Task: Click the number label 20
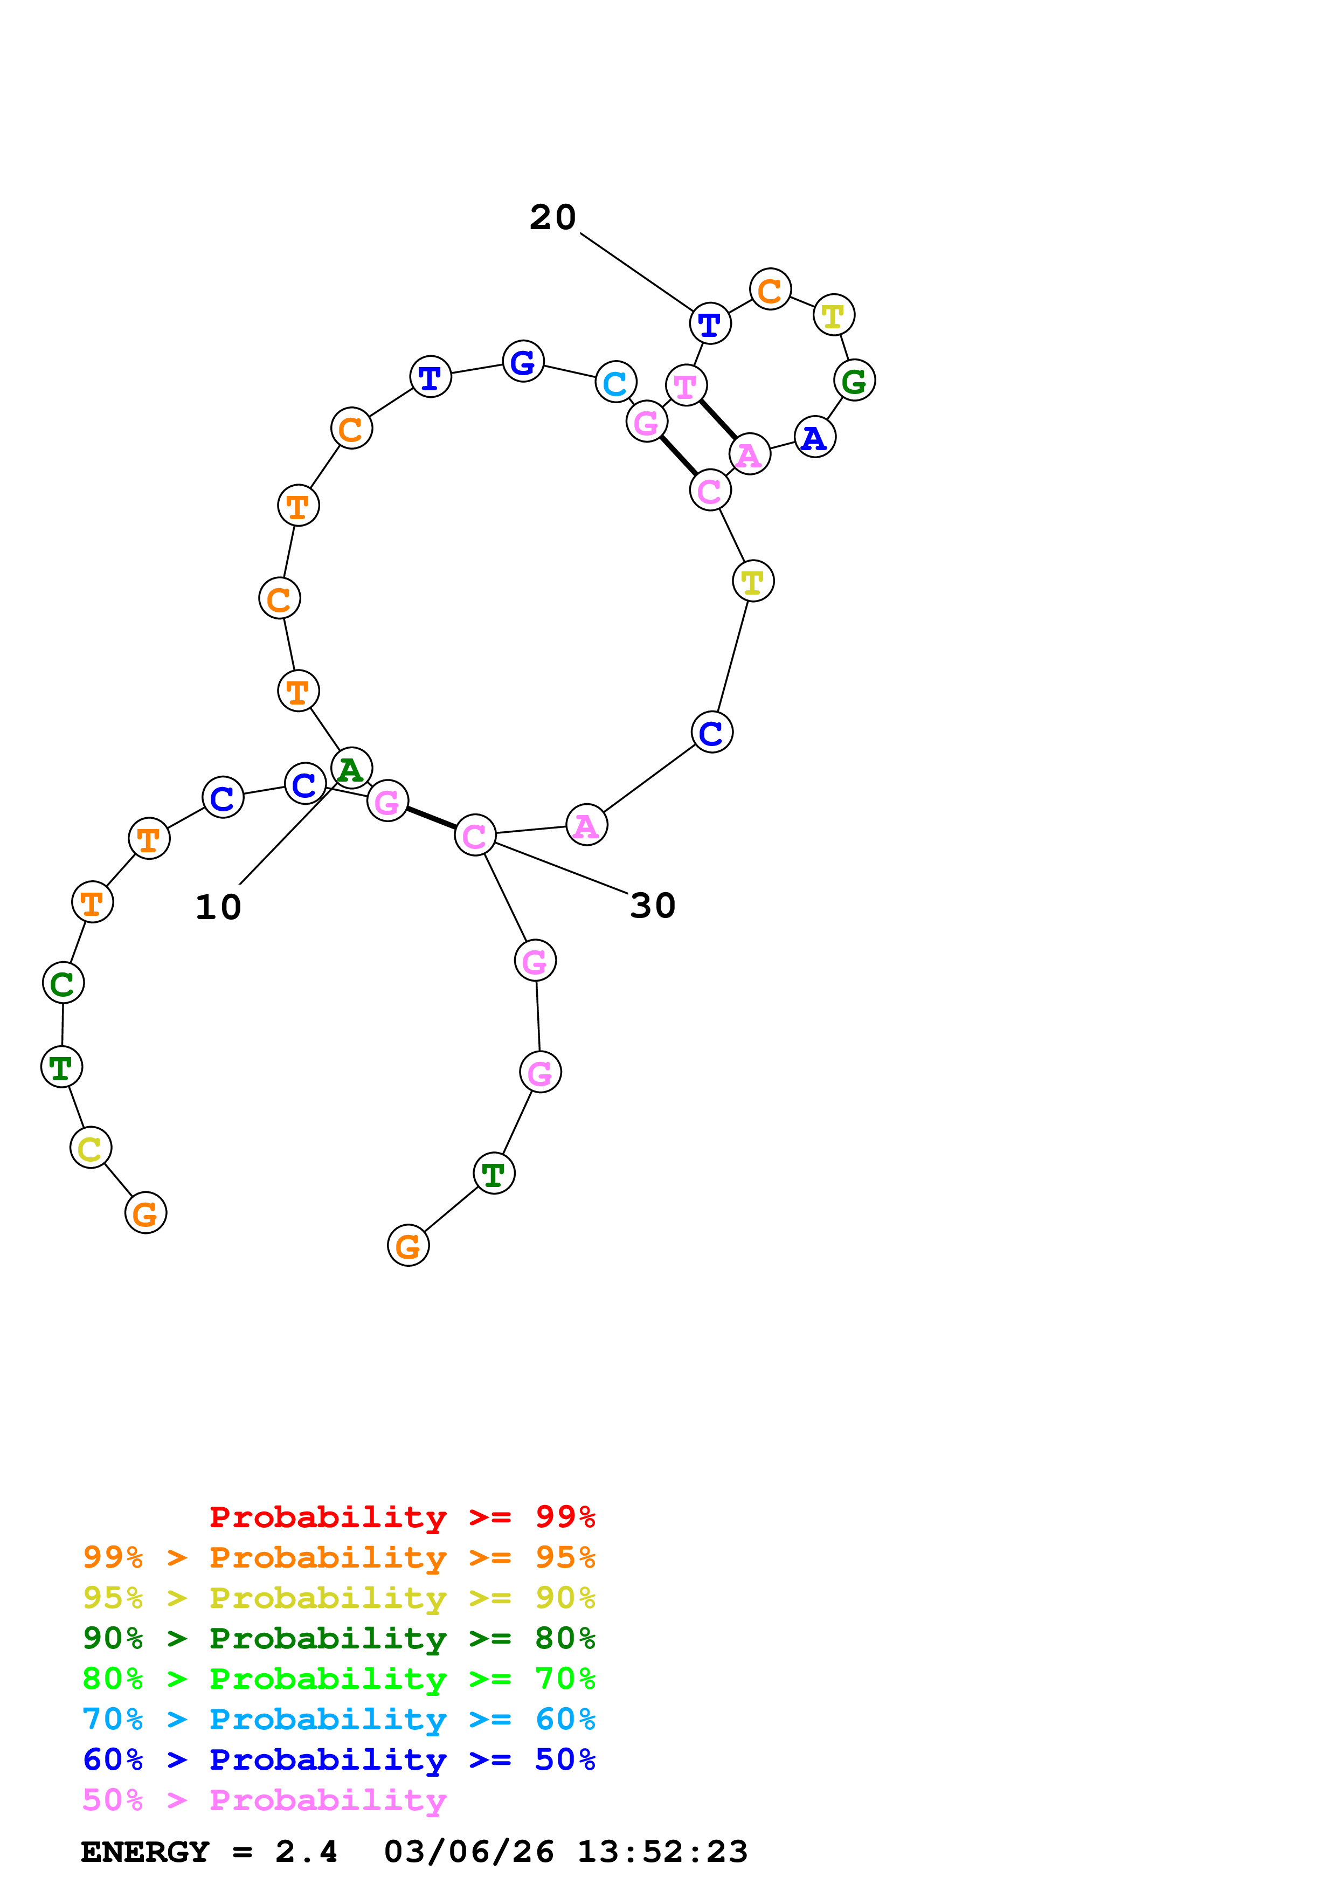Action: [552, 217]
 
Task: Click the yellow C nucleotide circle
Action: [91, 1147]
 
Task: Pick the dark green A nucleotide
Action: [351, 769]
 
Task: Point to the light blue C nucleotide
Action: [616, 382]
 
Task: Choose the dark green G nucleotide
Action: [854, 381]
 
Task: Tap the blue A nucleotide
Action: [815, 437]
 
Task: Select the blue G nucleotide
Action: [523, 361]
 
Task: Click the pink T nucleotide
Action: [686, 385]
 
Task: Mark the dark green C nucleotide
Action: [64, 983]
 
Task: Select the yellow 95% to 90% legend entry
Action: [338, 1598]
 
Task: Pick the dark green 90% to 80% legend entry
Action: [338, 1638]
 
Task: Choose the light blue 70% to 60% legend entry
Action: [338, 1719]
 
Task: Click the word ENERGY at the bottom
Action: [145, 1852]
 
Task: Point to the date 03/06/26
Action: [469, 1852]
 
